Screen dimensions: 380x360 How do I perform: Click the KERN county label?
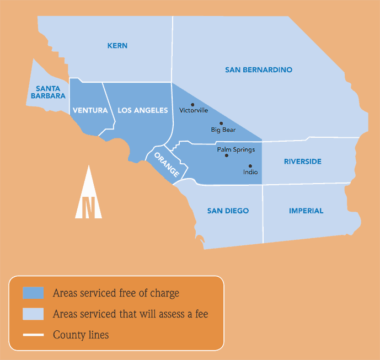point(117,46)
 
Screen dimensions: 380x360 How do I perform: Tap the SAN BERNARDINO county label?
point(259,70)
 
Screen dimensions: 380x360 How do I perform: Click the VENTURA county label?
point(90,110)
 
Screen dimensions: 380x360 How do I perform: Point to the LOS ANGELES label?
point(142,110)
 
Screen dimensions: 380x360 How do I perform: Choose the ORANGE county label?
point(167,164)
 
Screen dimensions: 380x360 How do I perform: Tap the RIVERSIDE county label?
point(303,162)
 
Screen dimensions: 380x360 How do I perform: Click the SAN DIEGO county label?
point(228,211)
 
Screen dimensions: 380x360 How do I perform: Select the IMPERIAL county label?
point(306,211)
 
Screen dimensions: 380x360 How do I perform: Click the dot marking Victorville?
point(192,104)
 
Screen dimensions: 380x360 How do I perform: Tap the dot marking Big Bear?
point(221,123)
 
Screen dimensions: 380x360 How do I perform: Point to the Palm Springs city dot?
point(226,155)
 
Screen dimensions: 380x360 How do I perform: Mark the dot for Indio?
point(250,166)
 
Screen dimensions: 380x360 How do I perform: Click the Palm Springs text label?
point(236,149)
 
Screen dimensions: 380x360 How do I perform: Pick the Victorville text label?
point(194,110)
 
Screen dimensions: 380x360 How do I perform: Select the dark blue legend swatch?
point(33,293)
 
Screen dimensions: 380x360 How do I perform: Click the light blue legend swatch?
point(33,314)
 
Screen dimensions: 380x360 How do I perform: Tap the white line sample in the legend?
point(33,335)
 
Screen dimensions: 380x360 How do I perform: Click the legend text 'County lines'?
point(81,335)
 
